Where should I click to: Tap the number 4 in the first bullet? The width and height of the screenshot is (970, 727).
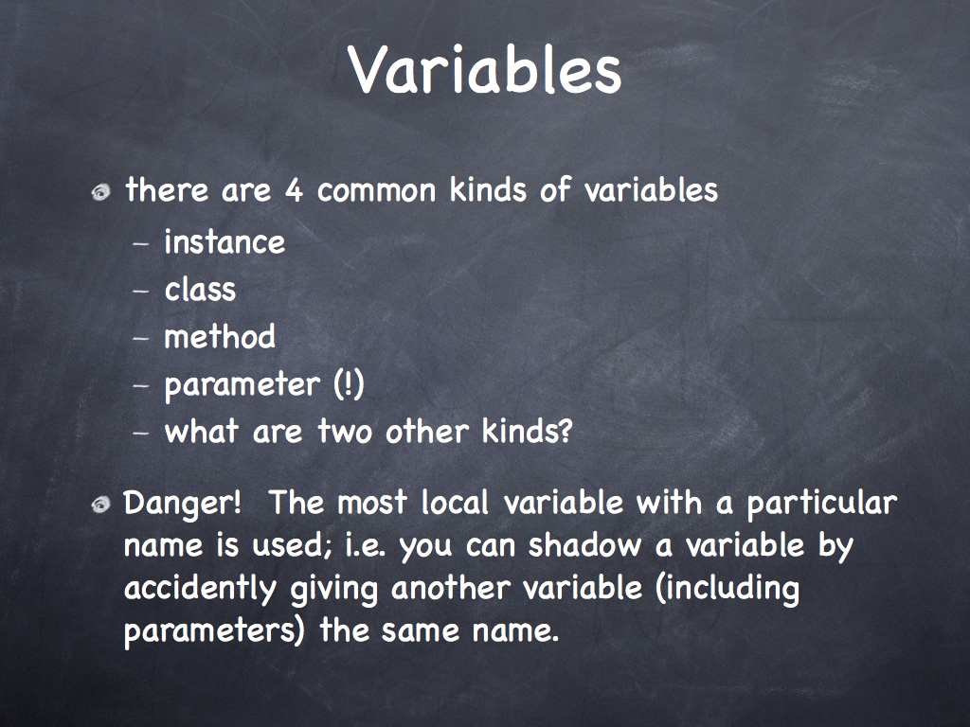tap(294, 190)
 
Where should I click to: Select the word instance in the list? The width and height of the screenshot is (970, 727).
tap(225, 241)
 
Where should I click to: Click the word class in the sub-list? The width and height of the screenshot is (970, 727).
tap(200, 289)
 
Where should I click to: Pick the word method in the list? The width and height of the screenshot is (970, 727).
tap(220, 336)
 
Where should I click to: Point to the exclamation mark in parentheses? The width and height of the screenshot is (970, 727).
tap(349, 384)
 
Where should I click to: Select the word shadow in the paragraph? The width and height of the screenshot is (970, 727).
tap(584, 545)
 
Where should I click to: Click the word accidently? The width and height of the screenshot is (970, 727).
tap(200, 589)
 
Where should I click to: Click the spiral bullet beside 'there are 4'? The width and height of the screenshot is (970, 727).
tap(100, 192)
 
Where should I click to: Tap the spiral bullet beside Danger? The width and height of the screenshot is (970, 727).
tap(100, 505)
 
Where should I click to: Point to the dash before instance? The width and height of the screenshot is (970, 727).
tap(141, 243)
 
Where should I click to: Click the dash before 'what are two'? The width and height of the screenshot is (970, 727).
tap(141, 432)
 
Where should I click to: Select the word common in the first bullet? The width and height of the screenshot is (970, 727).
tap(377, 191)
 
